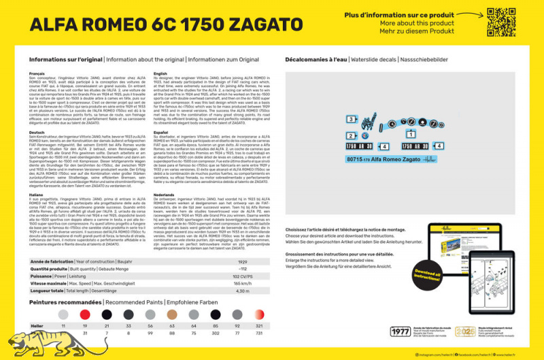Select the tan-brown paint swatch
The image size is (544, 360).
click(171, 314)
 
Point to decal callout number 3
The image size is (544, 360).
click(330, 119)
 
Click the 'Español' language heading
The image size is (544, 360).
click(162, 132)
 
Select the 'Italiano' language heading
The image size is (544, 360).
click(39, 195)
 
